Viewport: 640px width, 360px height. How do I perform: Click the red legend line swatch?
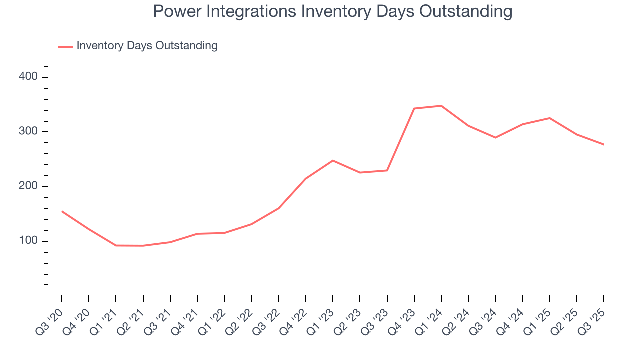(x=65, y=46)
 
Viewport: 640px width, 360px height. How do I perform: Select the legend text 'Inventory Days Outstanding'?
(x=147, y=46)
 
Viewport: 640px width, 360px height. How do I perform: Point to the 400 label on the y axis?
(x=28, y=77)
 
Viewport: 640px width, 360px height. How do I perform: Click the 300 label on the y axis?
(x=28, y=132)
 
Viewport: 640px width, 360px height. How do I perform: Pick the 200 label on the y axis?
(x=28, y=186)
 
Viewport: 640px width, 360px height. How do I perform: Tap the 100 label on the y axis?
(x=28, y=241)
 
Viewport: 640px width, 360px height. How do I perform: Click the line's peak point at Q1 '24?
(x=441, y=106)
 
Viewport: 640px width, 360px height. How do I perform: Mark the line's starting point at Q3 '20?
(x=62, y=211)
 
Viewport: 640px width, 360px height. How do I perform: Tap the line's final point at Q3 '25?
(x=603, y=144)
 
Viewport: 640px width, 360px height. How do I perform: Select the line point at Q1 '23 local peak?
(x=333, y=160)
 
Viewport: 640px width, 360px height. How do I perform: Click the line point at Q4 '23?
(x=414, y=108)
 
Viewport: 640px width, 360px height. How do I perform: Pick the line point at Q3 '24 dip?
(x=495, y=137)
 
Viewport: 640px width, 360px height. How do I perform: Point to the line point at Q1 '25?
(x=550, y=118)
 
